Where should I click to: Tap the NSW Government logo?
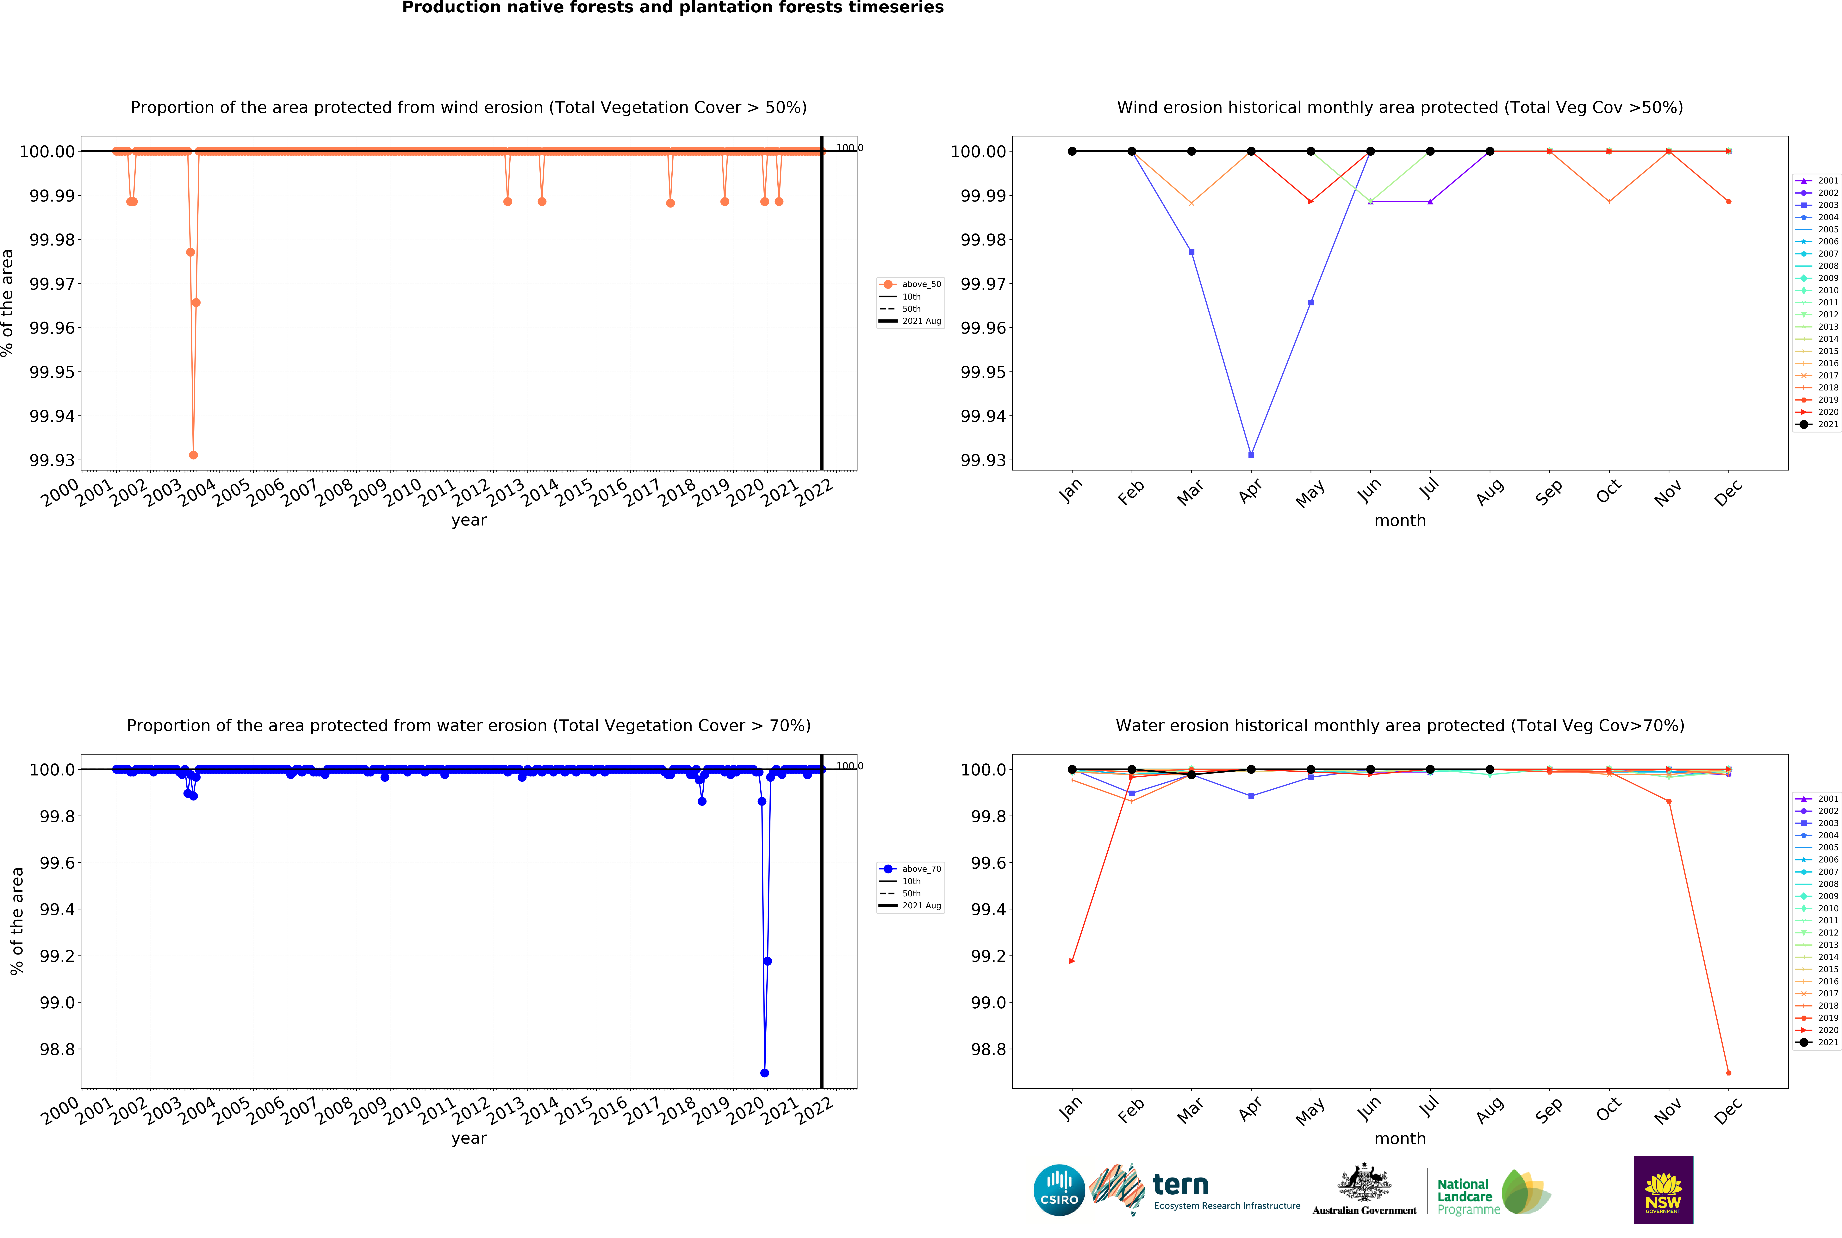1663,1190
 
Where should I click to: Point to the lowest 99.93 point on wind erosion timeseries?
193,455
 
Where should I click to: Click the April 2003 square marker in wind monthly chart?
1251,455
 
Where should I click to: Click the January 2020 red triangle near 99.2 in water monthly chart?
1071,961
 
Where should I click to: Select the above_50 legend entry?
910,284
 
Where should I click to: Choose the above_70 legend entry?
910,868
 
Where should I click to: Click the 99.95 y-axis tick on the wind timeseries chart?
52,372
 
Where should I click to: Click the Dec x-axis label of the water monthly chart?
1727,1110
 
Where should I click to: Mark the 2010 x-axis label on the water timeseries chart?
403,1110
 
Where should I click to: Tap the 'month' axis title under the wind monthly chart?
1400,520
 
